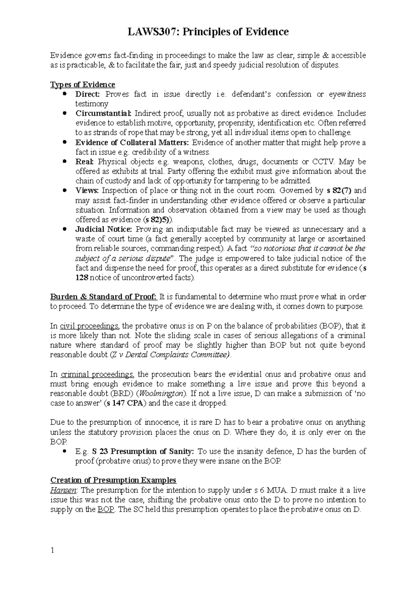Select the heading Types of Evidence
(83, 85)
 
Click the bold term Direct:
(88, 94)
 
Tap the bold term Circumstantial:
(104, 113)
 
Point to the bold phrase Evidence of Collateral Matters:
(133, 143)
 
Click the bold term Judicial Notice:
(104, 229)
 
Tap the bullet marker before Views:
(65, 190)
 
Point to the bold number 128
(82, 278)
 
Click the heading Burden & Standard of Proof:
(104, 297)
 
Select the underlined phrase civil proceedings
(89, 326)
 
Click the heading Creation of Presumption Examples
(113, 480)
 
